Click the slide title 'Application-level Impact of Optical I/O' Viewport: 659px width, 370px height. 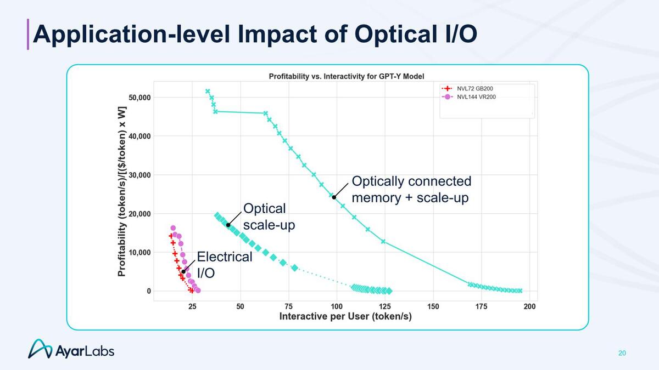pyautogui.click(x=254, y=33)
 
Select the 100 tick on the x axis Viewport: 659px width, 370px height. pyautogui.click(x=337, y=306)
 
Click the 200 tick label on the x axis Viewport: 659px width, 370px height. pyautogui.click(x=529, y=306)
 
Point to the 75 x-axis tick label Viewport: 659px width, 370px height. pyautogui.click(x=288, y=306)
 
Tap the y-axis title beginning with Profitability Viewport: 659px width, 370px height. pyautogui.click(x=122, y=191)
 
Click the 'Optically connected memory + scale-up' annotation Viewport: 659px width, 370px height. pyautogui.click(x=411, y=189)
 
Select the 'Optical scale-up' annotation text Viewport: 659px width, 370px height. pyautogui.click(x=269, y=217)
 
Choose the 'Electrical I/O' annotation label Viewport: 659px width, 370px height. pyautogui.click(x=224, y=264)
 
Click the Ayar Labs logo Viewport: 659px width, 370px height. pyautogui.click(x=71, y=349)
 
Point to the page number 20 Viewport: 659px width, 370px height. pyautogui.click(x=622, y=352)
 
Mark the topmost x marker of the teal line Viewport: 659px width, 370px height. pyautogui.click(x=208, y=91)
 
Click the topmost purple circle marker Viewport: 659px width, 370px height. pyautogui.click(x=173, y=228)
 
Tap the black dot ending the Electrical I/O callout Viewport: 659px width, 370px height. pyautogui.click(x=183, y=272)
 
